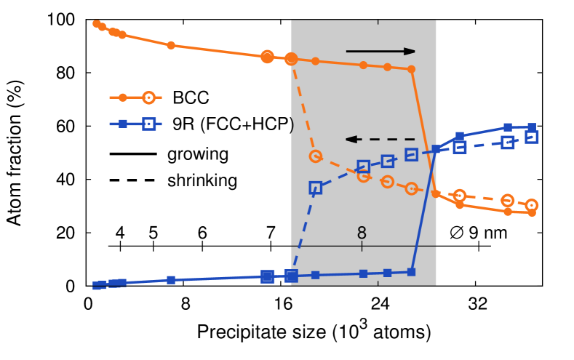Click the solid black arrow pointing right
380,52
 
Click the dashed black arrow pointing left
380,139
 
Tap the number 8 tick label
362,233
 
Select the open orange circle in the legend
148,97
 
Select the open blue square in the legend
148,124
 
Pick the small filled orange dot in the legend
123,97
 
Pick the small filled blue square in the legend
123,124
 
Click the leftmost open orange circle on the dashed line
315,156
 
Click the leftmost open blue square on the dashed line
315,188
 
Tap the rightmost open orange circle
531,205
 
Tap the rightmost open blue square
531,137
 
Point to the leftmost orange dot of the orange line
96,24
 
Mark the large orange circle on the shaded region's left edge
291,59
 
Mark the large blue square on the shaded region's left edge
291,276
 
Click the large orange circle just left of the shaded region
267,57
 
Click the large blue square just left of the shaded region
267,276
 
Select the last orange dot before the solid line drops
411,69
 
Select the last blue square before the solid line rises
411,272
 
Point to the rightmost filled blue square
532,127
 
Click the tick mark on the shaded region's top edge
378,22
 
